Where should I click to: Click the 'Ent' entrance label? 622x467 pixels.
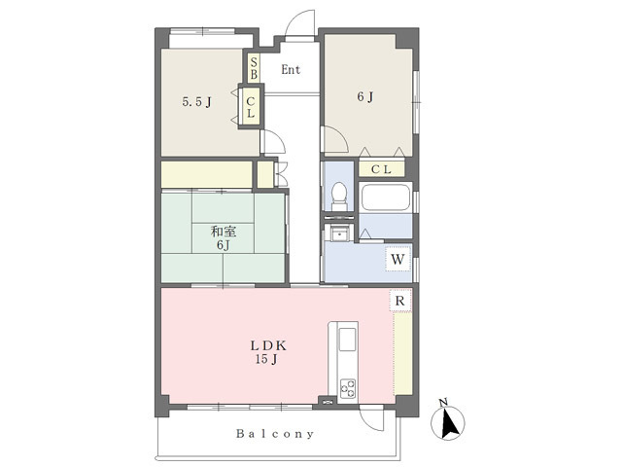[291, 70]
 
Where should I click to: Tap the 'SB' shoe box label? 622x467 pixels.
[254, 68]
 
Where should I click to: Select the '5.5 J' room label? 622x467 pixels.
[196, 102]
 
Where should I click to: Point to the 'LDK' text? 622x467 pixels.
[268, 346]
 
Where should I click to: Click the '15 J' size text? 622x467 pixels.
[266, 359]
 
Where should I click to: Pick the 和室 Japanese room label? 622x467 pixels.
[224, 232]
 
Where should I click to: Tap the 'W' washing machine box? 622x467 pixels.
[397, 260]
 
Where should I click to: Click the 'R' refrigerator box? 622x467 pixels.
[399, 301]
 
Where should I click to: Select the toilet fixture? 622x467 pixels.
[339, 197]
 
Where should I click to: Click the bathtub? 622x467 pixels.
[386, 198]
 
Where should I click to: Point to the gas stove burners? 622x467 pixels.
[348, 388]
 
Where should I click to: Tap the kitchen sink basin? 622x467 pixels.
[348, 340]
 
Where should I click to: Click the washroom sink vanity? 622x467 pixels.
[339, 233]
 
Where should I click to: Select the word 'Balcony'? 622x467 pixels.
[275, 434]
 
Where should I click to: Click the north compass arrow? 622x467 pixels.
[449, 423]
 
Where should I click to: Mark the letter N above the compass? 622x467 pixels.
[443, 403]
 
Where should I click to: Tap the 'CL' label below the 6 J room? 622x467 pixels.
[381, 169]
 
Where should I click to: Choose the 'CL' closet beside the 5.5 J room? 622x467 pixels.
[251, 107]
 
